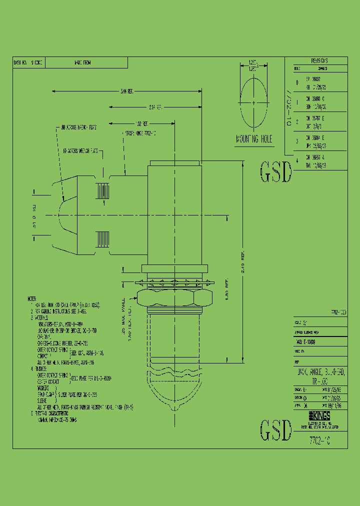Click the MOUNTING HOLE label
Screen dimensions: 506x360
click(253, 139)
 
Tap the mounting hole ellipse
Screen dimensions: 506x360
click(254, 103)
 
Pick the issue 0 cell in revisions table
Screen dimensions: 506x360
click(297, 82)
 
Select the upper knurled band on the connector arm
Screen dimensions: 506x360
click(102, 191)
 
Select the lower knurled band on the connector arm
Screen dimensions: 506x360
click(102, 237)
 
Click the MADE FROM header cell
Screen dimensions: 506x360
click(82, 63)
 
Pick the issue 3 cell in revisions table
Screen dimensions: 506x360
click(297, 141)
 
